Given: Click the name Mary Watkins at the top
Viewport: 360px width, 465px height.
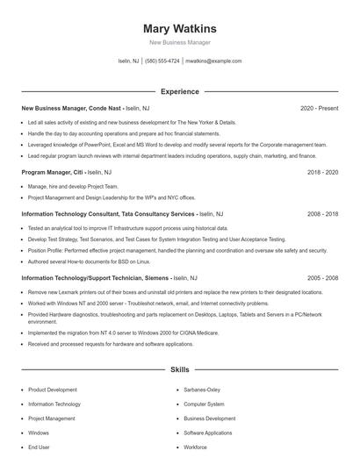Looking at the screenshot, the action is [180, 29].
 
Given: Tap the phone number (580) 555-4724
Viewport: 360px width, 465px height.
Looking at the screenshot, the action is [162, 61].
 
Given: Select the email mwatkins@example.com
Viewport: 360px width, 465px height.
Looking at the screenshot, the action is [213, 61].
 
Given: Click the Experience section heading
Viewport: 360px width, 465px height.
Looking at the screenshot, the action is [180, 91].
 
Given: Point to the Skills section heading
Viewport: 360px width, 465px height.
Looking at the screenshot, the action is [180, 370].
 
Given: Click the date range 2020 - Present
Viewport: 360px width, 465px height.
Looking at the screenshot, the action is [319, 108].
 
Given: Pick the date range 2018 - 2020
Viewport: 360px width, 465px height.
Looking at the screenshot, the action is [322, 173].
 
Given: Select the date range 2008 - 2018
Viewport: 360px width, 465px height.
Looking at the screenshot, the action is [322, 213].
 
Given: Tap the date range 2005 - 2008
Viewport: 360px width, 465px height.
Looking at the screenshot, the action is [322, 277].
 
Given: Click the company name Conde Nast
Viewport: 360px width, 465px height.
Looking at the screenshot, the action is [105, 108].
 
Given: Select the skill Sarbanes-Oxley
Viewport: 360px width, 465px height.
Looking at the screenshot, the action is [202, 390].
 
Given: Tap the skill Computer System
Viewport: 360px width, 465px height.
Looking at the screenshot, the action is [204, 404].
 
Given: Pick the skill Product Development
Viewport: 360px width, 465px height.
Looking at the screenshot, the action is [52, 390].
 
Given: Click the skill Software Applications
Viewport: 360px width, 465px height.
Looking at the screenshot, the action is [208, 433].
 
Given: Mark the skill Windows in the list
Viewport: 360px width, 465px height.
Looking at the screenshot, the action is [39, 433].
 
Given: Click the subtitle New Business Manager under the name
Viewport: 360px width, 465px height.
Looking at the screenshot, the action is [180, 42].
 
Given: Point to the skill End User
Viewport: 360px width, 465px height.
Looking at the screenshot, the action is [39, 447].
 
